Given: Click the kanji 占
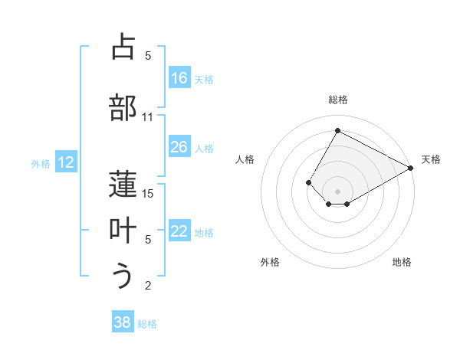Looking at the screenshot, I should click(123, 47).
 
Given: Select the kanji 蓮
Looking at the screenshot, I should click(123, 184).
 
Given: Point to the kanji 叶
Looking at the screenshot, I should click(123, 230).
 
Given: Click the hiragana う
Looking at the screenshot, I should click(123, 276).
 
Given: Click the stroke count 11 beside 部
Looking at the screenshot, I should click(148, 117).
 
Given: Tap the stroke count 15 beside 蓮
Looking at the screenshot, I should click(149, 194).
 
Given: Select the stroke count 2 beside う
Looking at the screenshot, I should click(148, 286).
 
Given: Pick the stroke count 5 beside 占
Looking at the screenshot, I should click(148, 56).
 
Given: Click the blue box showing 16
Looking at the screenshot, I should click(179, 78).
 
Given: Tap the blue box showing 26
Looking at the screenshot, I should click(179, 147).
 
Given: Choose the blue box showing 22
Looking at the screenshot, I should click(179, 231).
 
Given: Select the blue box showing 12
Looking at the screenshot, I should click(66, 162).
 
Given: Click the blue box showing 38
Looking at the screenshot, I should click(123, 322).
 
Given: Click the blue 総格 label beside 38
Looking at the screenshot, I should click(147, 324).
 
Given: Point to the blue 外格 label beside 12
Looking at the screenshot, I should click(41, 163).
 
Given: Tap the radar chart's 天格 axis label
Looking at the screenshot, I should click(431, 159).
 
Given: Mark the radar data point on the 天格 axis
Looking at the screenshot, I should click(411, 169).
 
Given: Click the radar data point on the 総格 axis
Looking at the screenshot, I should click(337, 130).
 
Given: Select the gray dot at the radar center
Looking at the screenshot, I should click(337, 190).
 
